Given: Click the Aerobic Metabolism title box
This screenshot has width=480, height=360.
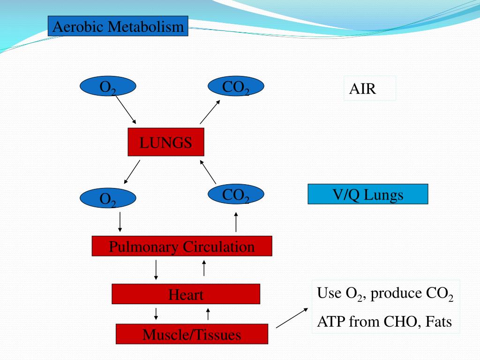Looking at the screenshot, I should tap(118, 26).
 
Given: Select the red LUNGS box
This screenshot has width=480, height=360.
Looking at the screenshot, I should tap(166, 142).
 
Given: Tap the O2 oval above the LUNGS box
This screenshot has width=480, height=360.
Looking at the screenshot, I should tap(108, 86).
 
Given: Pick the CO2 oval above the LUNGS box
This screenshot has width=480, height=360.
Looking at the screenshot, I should tap(236, 86).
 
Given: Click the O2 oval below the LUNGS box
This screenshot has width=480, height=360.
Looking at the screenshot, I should tap(108, 199).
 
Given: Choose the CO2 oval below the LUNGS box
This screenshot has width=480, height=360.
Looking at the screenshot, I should tap(236, 195).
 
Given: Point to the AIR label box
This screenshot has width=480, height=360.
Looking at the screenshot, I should tap(369, 88).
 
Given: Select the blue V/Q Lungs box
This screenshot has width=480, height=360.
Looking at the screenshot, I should tap(367, 194).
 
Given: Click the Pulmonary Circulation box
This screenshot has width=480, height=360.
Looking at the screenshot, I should tap(182, 246).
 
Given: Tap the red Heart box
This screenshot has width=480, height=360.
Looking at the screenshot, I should tap(186, 294).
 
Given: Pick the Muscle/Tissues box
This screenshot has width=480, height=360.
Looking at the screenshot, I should tap(192, 334).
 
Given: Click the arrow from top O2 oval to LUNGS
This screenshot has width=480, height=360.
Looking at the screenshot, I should tap(126, 109).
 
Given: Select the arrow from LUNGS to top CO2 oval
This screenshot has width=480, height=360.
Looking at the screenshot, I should tap(210, 112).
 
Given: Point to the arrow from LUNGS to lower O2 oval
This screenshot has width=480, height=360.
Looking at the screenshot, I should tap(132, 172).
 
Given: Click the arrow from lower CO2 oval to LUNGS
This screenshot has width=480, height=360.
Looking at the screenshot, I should tap(208, 172).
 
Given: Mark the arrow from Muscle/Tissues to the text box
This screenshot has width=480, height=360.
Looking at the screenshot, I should tap(292, 318).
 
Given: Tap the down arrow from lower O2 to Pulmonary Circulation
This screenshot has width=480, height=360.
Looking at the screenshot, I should tap(120, 222).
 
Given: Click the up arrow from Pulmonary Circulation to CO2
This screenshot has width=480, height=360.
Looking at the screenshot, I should tap(236, 222).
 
